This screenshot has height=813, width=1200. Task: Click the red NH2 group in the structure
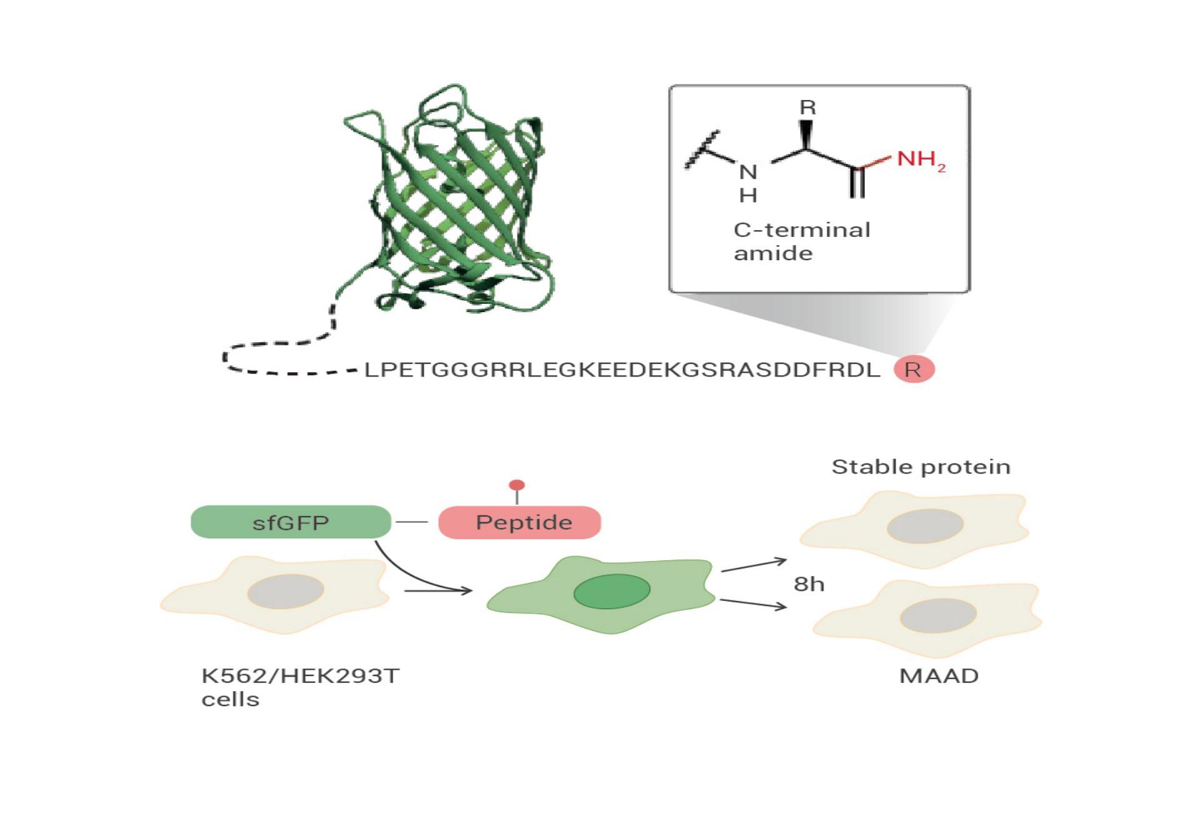tap(921, 160)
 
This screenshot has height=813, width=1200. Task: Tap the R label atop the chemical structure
tap(807, 108)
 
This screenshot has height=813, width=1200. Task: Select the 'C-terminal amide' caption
tap(802, 241)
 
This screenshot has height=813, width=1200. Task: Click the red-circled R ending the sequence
tap(914, 370)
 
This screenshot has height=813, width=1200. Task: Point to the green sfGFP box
tap(291, 522)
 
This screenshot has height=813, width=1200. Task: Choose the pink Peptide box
tap(519, 522)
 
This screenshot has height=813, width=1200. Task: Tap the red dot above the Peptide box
tap(517, 485)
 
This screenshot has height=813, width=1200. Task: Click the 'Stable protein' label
tap(921, 467)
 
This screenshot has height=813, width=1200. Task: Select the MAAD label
tap(939, 676)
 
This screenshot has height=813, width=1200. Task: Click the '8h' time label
tap(809, 584)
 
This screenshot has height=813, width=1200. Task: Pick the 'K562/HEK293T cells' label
tap(300, 687)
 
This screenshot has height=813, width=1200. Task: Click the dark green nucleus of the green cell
tap(612, 591)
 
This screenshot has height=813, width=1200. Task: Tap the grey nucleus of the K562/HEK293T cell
tap(286, 591)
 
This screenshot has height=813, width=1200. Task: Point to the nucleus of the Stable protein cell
tap(925, 525)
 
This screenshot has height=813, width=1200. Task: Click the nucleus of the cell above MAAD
tap(938, 615)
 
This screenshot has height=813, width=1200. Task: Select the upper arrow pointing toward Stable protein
tap(754, 565)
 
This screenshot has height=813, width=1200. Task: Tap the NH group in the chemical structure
tap(748, 183)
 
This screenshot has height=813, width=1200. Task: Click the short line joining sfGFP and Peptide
tap(412, 522)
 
